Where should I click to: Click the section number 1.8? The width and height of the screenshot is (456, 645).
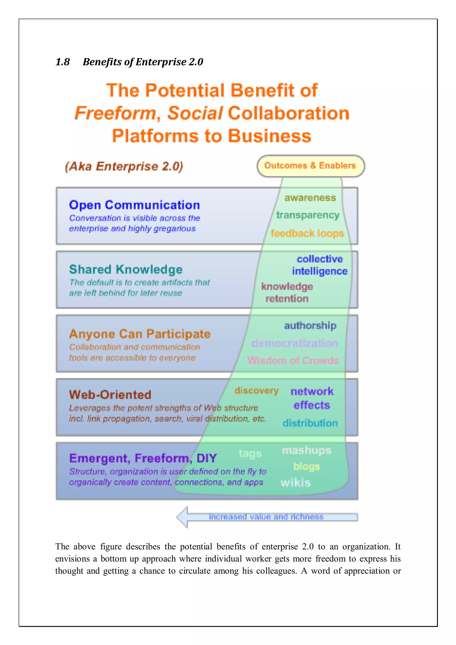(63, 62)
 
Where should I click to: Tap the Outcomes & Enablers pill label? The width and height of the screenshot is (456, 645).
(310, 166)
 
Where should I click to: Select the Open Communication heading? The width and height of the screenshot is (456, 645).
(134, 205)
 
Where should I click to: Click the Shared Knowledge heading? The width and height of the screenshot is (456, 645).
(126, 269)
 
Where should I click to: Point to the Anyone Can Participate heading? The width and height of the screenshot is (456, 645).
(140, 334)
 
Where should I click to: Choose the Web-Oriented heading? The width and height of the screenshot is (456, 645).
(110, 395)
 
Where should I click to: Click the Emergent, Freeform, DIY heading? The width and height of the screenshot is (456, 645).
(143, 458)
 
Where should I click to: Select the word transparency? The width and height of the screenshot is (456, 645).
(308, 215)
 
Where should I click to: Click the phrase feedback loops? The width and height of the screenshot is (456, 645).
(307, 234)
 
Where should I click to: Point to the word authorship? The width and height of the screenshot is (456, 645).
(310, 326)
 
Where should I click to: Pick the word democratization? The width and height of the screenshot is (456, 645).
(294, 343)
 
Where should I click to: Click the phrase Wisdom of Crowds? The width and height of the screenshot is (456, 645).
(293, 360)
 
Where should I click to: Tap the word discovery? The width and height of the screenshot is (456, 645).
(256, 391)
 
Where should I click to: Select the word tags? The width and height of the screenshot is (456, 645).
(250, 453)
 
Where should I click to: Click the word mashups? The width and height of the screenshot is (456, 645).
(307, 450)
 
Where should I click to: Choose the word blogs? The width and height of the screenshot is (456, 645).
(307, 467)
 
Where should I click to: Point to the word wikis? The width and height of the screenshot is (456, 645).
(295, 483)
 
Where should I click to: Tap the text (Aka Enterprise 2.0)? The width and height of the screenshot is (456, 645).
(124, 166)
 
